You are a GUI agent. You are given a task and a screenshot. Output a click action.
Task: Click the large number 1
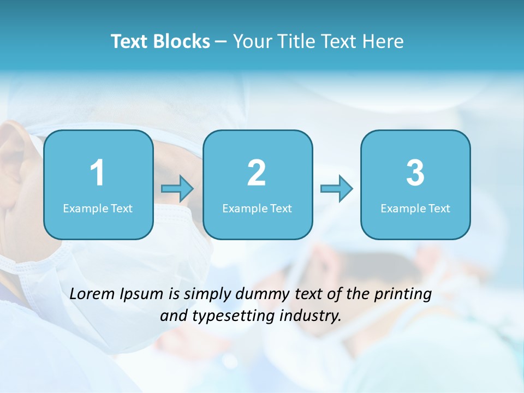(98, 173)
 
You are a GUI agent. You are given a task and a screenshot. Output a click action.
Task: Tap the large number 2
(257, 173)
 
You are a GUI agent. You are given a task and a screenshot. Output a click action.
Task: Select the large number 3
(415, 173)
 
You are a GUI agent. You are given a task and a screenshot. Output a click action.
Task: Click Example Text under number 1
(98, 209)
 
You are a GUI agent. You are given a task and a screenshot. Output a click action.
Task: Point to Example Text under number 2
(257, 209)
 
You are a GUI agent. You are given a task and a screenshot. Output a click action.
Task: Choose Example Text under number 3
(415, 209)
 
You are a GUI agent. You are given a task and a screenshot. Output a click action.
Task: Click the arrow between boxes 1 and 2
(177, 189)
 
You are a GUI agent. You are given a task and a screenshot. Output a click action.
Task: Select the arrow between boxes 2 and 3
(336, 189)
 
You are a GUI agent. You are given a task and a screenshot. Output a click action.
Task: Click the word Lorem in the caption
(93, 294)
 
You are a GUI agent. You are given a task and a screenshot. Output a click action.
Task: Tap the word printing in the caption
(403, 294)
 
